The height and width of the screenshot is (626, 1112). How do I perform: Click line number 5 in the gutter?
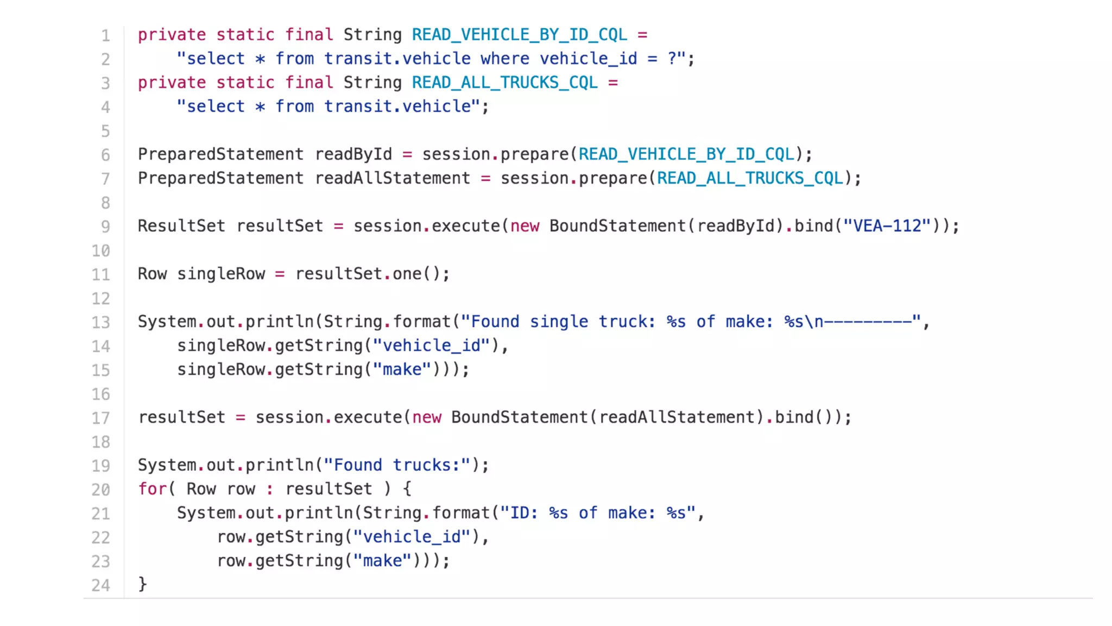tap(105, 132)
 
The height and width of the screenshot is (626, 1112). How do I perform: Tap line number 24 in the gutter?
tap(100, 585)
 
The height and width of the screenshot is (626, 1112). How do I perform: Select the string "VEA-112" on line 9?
tap(887, 226)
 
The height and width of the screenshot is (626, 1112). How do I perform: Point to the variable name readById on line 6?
tap(353, 154)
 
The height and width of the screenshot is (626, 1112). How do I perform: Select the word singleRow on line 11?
tap(221, 274)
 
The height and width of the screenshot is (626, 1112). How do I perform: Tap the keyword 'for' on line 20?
tap(152, 489)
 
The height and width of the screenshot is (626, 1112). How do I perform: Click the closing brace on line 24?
tap(143, 584)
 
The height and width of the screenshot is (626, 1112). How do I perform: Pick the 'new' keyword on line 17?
tap(427, 417)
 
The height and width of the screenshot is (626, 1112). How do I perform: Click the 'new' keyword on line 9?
tap(525, 226)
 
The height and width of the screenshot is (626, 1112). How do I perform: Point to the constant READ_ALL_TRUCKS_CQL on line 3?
tap(504, 83)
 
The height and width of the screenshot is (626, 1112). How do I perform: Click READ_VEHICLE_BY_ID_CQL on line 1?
tap(519, 35)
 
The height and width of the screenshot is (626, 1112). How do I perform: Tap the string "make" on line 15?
tap(402, 370)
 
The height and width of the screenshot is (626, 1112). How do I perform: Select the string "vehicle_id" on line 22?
tap(412, 537)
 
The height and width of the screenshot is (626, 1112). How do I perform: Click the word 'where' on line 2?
tap(504, 59)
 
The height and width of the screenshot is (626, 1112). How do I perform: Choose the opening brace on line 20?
tap(407, 489)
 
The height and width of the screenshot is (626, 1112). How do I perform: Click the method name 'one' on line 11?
tap(407, 274)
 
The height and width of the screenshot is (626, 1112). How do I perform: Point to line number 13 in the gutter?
tap(100, 322)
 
